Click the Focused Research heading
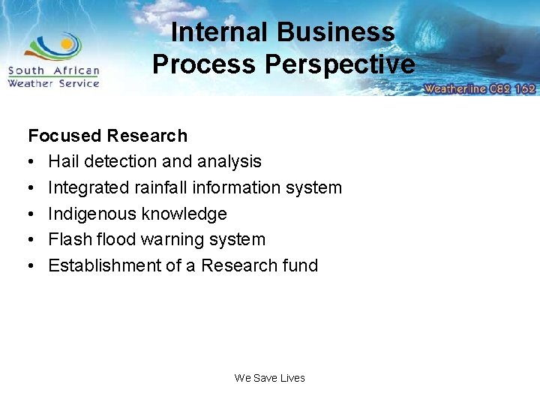click(x=107, y=136)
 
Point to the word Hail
click(x=63, y=161)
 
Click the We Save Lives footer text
click(x=269, y=378)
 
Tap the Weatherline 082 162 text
click(x=479, y=88)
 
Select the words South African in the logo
click(x=53, y=71)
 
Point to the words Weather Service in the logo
click(x=53, y=83)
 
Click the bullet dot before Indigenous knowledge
click(x=32, y=214)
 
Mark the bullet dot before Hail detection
click(x=32, y=161)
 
